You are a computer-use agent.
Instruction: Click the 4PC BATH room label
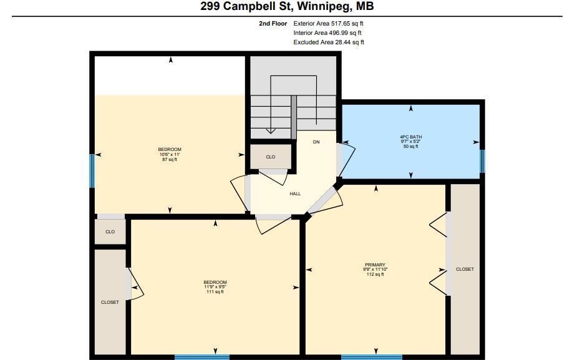point(410,137)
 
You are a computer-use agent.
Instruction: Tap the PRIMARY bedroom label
point(375,265)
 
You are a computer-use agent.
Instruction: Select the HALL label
point(295,193)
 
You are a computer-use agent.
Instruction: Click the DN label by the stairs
point(316,142)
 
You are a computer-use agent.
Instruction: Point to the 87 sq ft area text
point(170,160)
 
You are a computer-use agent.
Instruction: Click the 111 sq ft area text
point(215,292)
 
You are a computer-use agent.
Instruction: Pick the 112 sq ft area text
point(375,274)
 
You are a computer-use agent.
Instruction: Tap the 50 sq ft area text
point(410,146)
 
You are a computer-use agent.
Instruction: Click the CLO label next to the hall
point(270,157)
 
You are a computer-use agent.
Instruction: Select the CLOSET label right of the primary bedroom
point(465,270)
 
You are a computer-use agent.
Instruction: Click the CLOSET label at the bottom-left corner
point(110,303)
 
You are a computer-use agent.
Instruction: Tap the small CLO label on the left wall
point(110,231)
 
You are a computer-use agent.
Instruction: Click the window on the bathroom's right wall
point(482,161)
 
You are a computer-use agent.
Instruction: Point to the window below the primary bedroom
point(372,357)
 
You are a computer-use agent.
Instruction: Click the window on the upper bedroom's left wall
point(92,170)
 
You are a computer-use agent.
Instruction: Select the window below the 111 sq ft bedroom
point(201,357)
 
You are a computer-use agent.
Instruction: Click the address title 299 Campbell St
point(287,7)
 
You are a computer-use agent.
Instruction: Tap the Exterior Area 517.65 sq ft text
point(329,23)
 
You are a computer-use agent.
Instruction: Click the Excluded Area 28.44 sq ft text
point(329,42)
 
